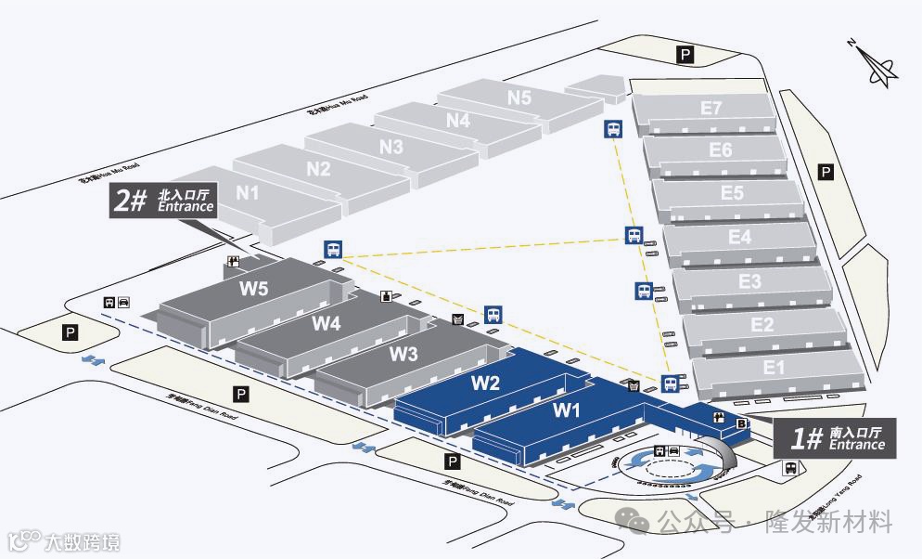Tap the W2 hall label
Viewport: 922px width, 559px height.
pos(486,382)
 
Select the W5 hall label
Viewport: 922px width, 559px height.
pos(254,288)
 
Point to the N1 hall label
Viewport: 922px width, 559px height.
pos(248,193)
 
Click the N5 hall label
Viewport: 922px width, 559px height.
pos(519,97)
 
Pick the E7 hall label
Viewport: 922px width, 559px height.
pos(711,108)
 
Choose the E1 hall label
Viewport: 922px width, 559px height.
pos(775,368)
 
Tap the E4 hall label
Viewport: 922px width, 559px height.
pos(739,237)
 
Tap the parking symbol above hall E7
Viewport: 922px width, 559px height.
pos(685,55)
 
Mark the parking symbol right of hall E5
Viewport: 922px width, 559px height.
pos(826,172)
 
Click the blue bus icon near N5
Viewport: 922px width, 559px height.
pos(613,129)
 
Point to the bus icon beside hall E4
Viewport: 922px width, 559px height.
pos(634,235)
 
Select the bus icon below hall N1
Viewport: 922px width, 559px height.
pos(332,248)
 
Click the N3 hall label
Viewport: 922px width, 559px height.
pos(391,147)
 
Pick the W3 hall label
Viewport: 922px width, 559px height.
pos(403,353)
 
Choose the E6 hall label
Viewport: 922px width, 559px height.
pos(721,149)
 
